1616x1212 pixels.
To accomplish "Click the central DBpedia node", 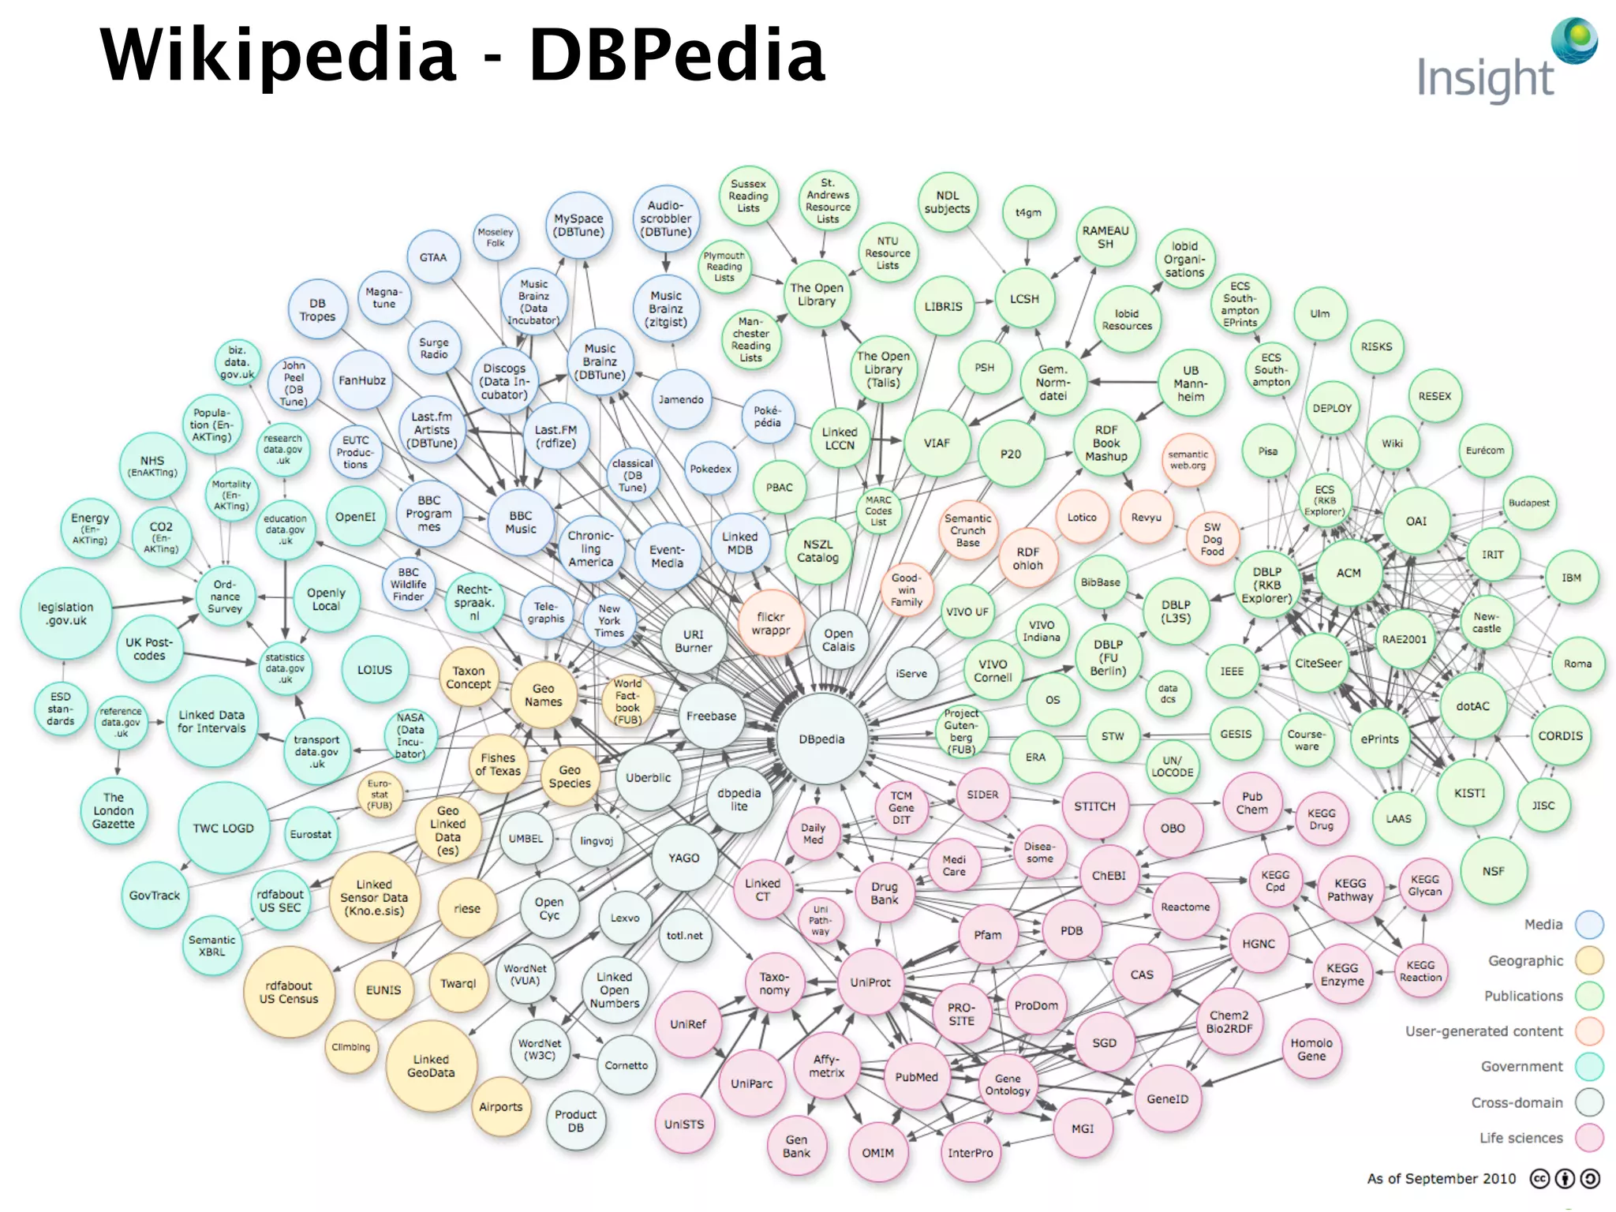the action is point(821,739).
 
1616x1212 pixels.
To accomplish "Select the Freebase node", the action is point(711,716).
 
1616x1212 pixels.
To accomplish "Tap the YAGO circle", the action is point(683,858).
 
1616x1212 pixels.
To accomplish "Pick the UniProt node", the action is point(870,982).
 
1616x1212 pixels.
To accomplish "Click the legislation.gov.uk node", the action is point(65,614).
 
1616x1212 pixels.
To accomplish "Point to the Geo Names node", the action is point(543,695).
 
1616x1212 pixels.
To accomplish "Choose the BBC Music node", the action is point(520,522).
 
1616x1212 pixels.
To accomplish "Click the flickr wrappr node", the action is point(770,623).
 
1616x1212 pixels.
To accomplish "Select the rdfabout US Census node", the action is point(288,992).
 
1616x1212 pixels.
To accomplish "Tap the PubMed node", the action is point(916,1077).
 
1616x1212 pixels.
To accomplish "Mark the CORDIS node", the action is point(1560,735).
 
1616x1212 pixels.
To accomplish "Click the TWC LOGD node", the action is point(223,829).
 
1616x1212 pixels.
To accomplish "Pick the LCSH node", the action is point(1024,299).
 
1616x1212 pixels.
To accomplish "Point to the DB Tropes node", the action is point(317,310).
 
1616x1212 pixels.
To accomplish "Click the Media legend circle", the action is point(1589,925).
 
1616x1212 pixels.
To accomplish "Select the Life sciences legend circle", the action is point(1589,1138).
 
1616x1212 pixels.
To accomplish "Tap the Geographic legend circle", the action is point(1589,960).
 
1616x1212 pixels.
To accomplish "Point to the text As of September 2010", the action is point(1441,1179).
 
